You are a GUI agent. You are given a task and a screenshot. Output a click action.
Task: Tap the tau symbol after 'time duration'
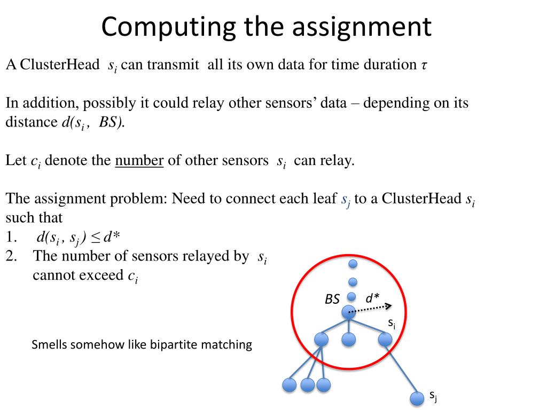pyautogui.click(x=425, y=66)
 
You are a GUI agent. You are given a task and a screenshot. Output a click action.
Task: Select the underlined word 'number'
pyautogui.click(x=139, y=161)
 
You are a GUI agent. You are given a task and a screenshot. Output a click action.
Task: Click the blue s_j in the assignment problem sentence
pyautogui.click(x=345, y=200)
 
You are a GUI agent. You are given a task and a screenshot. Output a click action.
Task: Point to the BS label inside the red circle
pyautogui.click(x=332, y=299)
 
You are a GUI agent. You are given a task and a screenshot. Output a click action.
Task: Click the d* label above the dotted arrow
pyautogui.click(x=373, y=299)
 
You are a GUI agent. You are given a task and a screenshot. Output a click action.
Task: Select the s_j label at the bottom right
pyautogui.click(x=434, y=396)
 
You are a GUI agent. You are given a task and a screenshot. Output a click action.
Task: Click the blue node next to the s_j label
pyautogui.click(x=416, y=398)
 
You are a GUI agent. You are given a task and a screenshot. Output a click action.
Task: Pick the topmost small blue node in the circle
pyautogui.click(x=353, y=263)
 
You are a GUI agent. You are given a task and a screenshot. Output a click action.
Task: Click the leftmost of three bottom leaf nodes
pyautogui.click(x=290, y=385)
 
